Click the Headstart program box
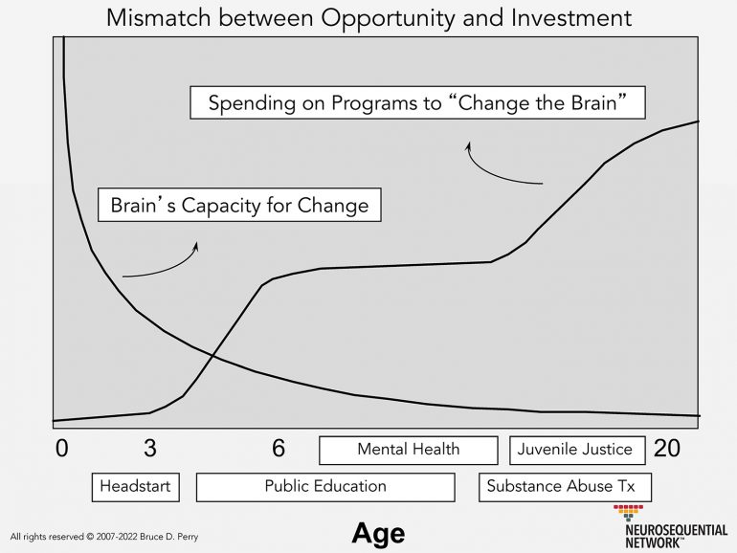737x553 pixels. tap(135, 486)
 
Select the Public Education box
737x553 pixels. tap(325, 486)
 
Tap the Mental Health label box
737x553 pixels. tap(408, 450)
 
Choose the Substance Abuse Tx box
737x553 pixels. tap(565, 486)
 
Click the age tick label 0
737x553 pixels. tap(62, 448)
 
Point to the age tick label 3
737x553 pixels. tap(150, 448)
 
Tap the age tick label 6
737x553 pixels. tap(279, 448)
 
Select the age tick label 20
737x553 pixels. tap(666, 448)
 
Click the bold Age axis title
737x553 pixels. tap(378, 532)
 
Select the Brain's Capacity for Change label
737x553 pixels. tap(239, 206)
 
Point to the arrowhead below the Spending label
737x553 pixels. tap(469, 145)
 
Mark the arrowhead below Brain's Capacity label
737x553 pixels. tap(195, 246)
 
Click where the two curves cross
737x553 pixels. tap(212, 357)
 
